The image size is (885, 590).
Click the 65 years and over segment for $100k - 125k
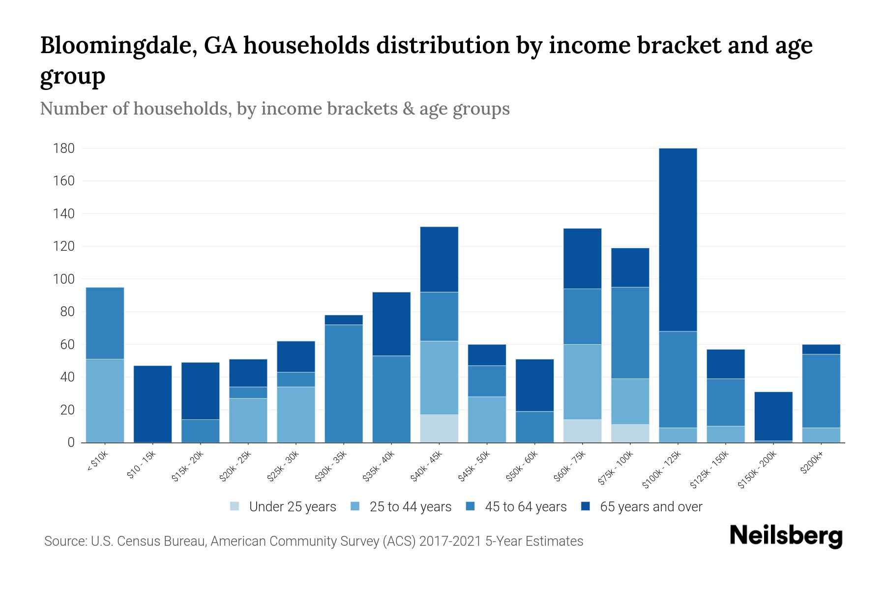tap(678, 239)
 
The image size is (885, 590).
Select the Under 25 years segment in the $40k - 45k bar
tap(439, 428)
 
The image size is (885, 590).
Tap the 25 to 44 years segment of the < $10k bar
tap(105, 401)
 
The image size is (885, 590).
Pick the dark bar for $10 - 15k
tap(152, 404)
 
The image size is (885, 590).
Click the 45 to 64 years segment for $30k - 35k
tap(344, 383)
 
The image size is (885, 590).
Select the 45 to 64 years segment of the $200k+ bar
tap(821, 391)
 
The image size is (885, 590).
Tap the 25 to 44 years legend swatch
tap(355, 506)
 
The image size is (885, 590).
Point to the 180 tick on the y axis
tap(64, 148)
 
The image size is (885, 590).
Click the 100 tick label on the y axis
tap(64, 279)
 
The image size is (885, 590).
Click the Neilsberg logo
tap(786, 536)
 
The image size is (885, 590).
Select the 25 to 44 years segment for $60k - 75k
tap(582, 382)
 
